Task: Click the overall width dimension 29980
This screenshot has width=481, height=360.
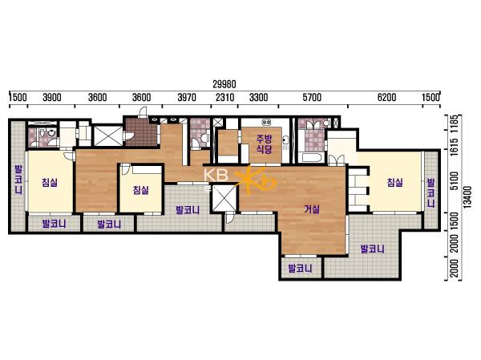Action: click(x=224, y=84)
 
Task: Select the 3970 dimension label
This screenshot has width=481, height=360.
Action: click(x=187, y=98)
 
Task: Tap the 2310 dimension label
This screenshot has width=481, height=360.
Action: click(x=224, y=98)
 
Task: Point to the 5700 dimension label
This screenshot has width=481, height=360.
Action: click(x=312, y=98)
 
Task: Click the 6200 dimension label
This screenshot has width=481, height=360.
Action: click(x=387, y=98)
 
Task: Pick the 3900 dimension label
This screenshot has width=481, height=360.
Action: click(x=52, y=98)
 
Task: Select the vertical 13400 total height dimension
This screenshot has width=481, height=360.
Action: click(x=468, y=197)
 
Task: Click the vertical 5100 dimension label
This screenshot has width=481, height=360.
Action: click(x=455, y=180)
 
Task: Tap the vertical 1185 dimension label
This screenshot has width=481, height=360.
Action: click(x=455, y=123)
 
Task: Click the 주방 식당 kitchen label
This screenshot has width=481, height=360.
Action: click(x=264, y=144)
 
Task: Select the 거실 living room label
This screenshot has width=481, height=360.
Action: click(x=312, y=209)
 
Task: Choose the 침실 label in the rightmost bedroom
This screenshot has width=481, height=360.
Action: click(x=394, y=183)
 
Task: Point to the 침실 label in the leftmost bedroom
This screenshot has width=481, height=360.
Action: click(x=50, y=183)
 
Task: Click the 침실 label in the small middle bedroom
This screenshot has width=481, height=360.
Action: click(x=141, y=190)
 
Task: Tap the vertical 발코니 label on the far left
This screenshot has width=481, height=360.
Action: click(x=18, y=180)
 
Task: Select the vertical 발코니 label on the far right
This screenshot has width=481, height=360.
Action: click(x=431, y=193)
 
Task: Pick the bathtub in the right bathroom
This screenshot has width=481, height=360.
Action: click(x=311, y=158)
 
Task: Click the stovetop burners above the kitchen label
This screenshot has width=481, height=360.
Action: click(x=266, y=122)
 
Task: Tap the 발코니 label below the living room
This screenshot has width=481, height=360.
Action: click(x=300, y=269)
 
